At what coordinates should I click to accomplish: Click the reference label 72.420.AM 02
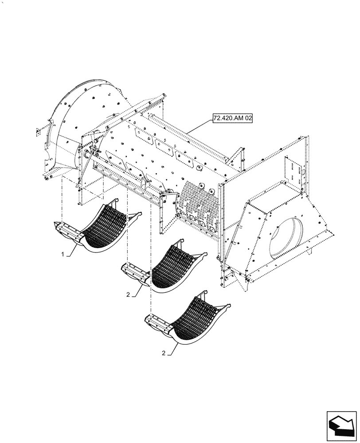[x=232, y=119]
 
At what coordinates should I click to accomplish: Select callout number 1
[x=64, y=255]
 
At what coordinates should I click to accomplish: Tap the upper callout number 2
[x=128, y=294]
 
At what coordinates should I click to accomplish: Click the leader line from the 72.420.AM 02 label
[x=200, y=128]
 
